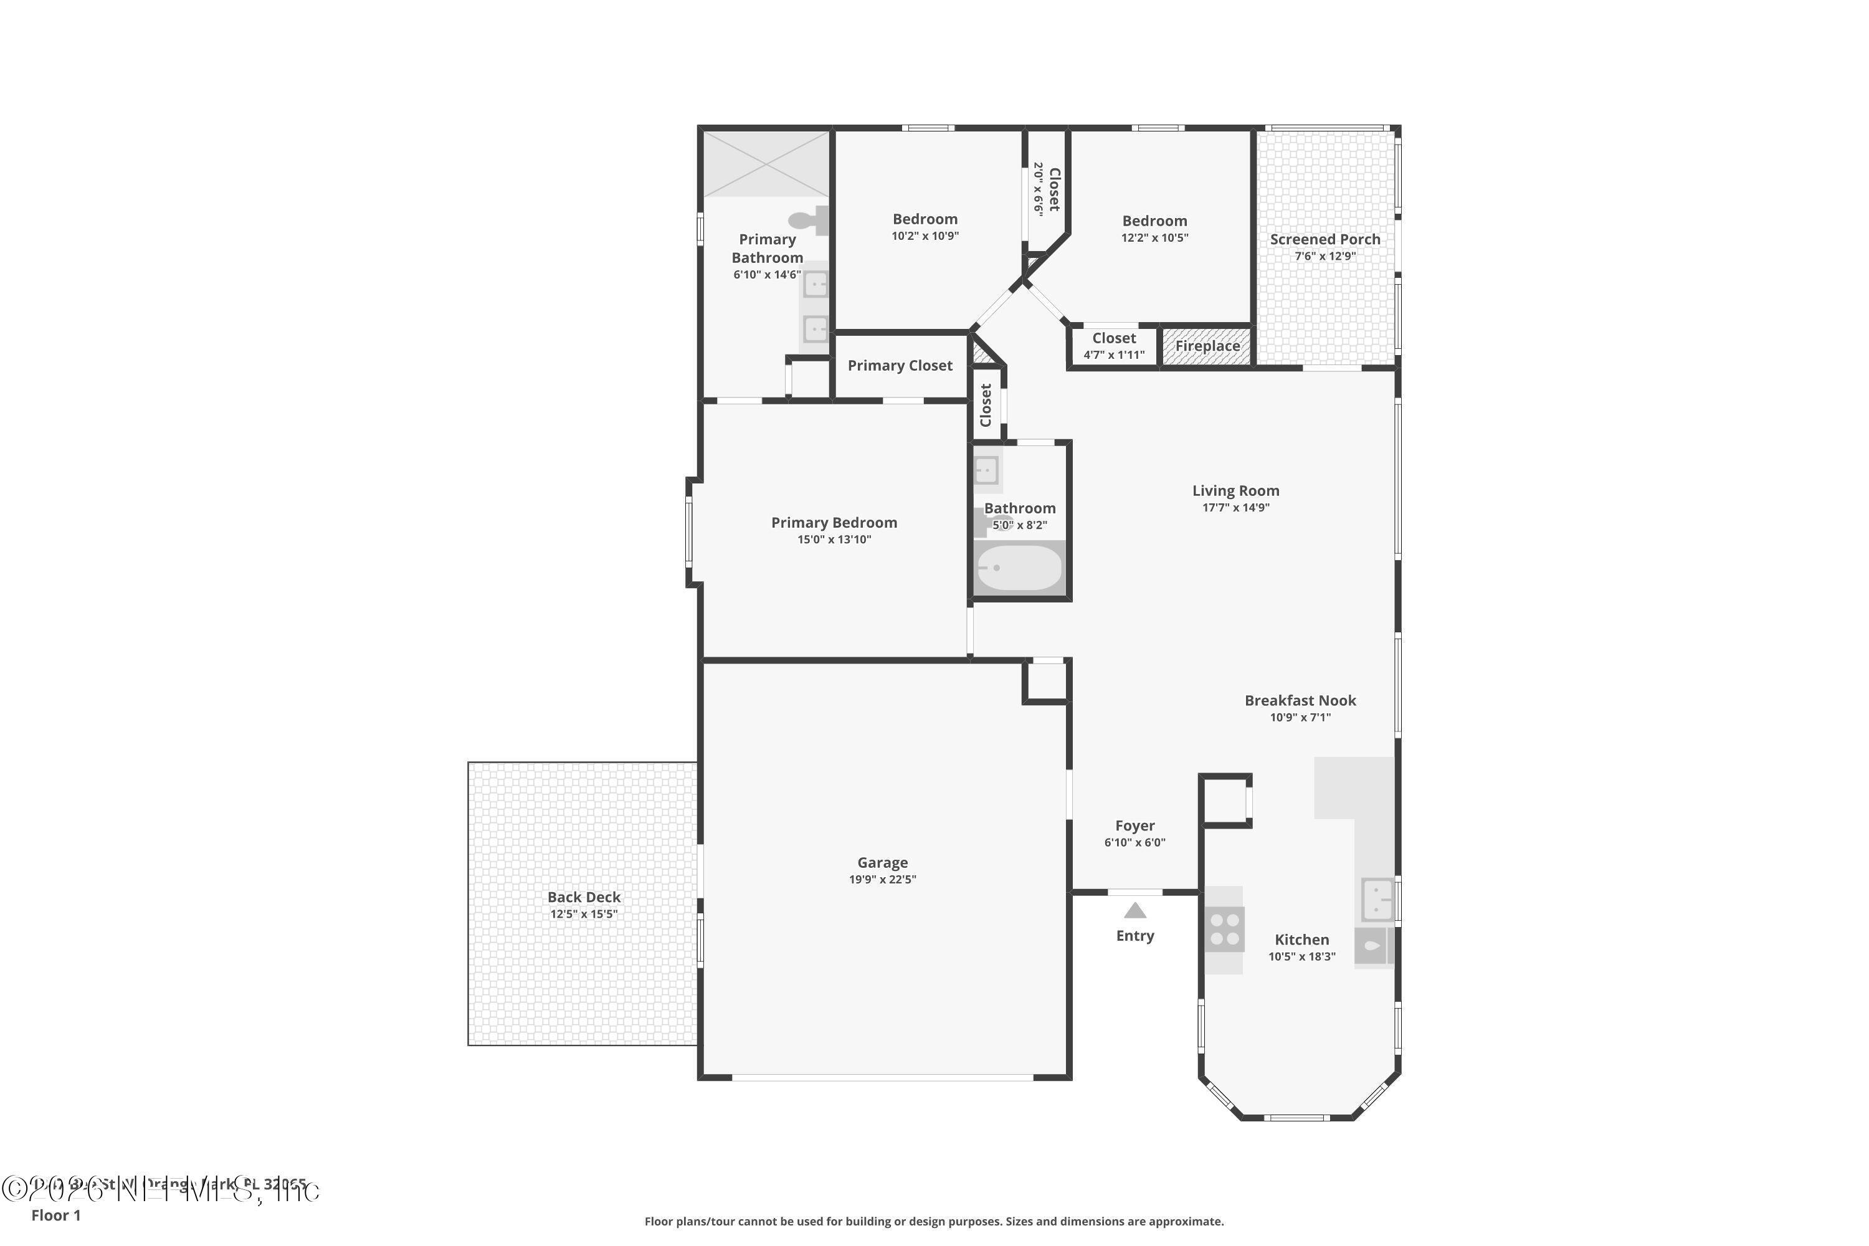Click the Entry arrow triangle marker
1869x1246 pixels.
(1134, 911)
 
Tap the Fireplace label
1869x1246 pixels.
(1207, 346)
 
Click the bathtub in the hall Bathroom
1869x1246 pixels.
(1019, 568)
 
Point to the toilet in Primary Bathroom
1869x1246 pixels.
(809, 219)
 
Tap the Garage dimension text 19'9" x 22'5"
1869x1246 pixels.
(882, 880)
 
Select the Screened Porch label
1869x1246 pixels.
(1324, 239)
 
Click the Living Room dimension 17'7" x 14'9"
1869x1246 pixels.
(1235, 508)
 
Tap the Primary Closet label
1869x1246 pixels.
(900, 366)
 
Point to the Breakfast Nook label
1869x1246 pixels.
(1300, 700)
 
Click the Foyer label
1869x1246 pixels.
(1134, 825)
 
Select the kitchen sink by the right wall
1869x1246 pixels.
(1377, 899)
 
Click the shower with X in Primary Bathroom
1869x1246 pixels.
(766, 164)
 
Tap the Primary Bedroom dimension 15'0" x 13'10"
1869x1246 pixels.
(834, 540)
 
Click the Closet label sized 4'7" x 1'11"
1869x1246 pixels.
(1114, 338)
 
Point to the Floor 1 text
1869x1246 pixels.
(55, 1215)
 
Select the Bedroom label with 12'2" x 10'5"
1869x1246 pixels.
(1154, 221)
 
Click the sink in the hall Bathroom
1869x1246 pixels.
(986, 470)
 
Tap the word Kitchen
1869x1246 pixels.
(1301, 939)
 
